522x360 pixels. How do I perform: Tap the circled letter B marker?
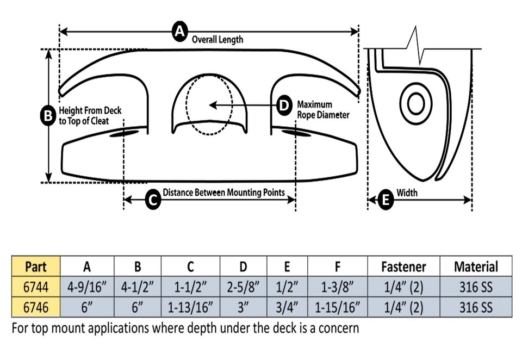(x=48, y=115)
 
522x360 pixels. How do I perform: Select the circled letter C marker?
(x=154, y=200)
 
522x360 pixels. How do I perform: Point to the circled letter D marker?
(x=283, y=105)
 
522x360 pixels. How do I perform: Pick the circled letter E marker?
(x=386, y=200)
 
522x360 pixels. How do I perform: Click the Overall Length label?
(x=217, y=40)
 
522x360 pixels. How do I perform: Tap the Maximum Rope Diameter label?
(x=322, y=109)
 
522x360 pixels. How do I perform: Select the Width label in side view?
(x=407, y=193)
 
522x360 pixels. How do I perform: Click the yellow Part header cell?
(x=35, y=266)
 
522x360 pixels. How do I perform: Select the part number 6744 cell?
(x=35, y=287)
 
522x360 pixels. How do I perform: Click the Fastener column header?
(x=403, y=266)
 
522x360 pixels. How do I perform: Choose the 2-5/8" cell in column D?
(x=244, y=287)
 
